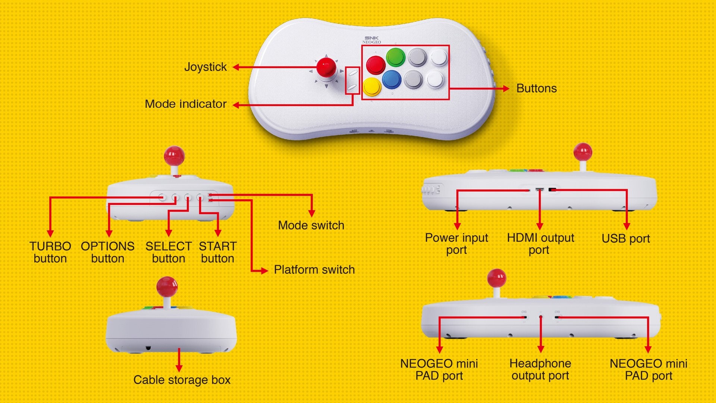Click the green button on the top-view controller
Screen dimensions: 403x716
pos(395,57)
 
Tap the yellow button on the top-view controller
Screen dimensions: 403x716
pos(372,86)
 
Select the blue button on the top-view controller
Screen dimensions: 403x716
pos(392,79)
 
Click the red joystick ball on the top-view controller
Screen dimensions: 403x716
pos(326,67)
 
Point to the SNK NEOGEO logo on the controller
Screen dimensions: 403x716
pos(371,40)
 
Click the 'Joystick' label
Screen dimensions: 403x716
pos(205,67)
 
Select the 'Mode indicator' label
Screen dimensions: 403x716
pos(186,104)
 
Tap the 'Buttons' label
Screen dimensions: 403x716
pos(536,88)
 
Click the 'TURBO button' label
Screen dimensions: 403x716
pos(50,252)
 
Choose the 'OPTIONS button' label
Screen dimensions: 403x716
pos(108,252)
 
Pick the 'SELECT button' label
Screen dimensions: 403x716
pos(169,252)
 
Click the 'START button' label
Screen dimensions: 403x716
pos(218,252)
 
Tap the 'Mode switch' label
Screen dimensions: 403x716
pos(311,225)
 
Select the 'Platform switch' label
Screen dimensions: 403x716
pos(314,270)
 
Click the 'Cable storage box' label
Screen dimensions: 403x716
pos(182,380)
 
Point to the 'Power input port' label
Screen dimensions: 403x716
pos(456,244)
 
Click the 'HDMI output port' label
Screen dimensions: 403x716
pos(540,244)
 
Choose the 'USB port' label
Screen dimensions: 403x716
pos(626,238)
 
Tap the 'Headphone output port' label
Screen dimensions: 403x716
pos(540,369)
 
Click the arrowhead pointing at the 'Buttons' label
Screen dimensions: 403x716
pos(506,88)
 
